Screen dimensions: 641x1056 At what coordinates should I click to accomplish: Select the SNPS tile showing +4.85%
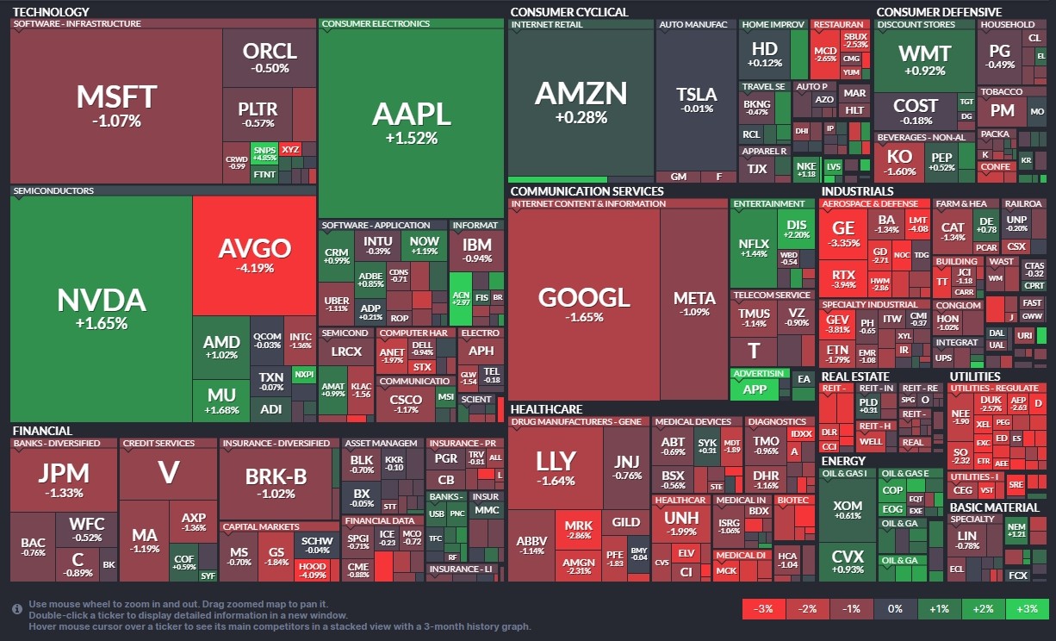click(x=264, y=153)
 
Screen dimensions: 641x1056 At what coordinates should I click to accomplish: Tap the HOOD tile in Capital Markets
click(x=312, y=569)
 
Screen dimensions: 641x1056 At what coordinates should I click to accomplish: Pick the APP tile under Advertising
click(x=755, y=389)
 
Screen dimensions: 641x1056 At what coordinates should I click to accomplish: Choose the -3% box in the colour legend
click(x=763, y=609)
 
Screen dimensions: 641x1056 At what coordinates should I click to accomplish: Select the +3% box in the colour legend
click(x=1028, y=609)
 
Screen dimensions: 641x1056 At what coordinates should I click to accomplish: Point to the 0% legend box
click(x=895, y=609)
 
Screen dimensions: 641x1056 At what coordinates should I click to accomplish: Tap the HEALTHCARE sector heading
click(x=546, y=409)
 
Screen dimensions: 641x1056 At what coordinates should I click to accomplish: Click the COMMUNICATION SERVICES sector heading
click(x=587, y=191)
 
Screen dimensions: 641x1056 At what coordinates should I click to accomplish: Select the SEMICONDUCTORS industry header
click(x=53, y=190)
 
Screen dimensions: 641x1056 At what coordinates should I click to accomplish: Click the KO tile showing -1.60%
click(x=899, y=162)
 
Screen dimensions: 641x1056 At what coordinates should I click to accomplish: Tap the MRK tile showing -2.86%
click(x=578, y=530)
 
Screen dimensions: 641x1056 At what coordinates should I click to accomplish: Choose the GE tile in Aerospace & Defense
click(x=843, y=233)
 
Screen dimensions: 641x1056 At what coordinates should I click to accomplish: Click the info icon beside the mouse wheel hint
click(x=17, y=609)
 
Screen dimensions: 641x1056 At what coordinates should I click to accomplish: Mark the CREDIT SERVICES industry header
click(x=158, y=443)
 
